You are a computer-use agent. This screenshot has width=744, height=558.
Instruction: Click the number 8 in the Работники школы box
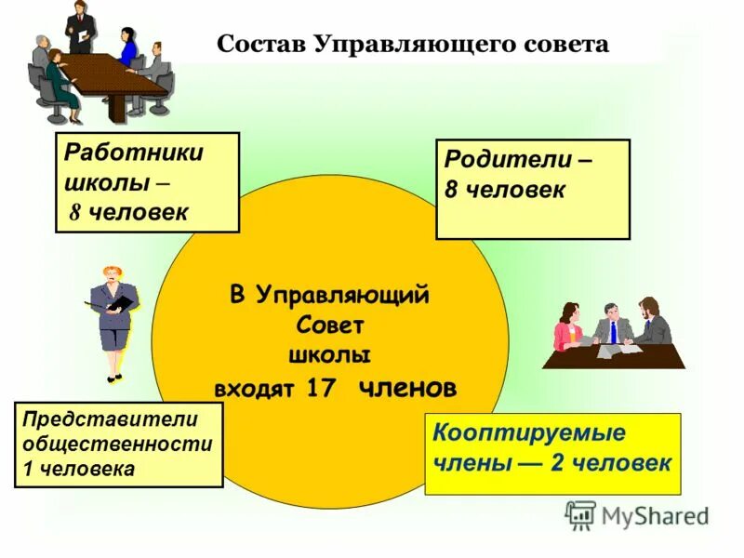75,213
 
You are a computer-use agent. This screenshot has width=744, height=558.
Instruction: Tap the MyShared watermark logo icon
580,514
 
